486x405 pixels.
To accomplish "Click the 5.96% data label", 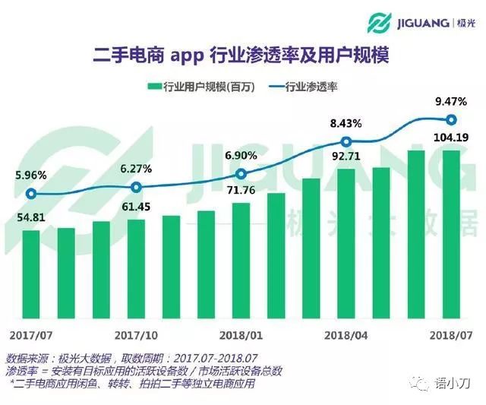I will [30, 175].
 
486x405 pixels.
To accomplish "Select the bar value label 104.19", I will [450, 138].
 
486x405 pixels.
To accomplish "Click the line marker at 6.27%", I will [136, 187].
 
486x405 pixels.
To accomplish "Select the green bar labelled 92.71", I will [346, 243].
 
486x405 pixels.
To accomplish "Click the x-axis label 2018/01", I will [241, 335].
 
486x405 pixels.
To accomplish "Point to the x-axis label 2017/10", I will [136, 335].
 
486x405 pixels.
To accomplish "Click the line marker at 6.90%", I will [241, 174].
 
